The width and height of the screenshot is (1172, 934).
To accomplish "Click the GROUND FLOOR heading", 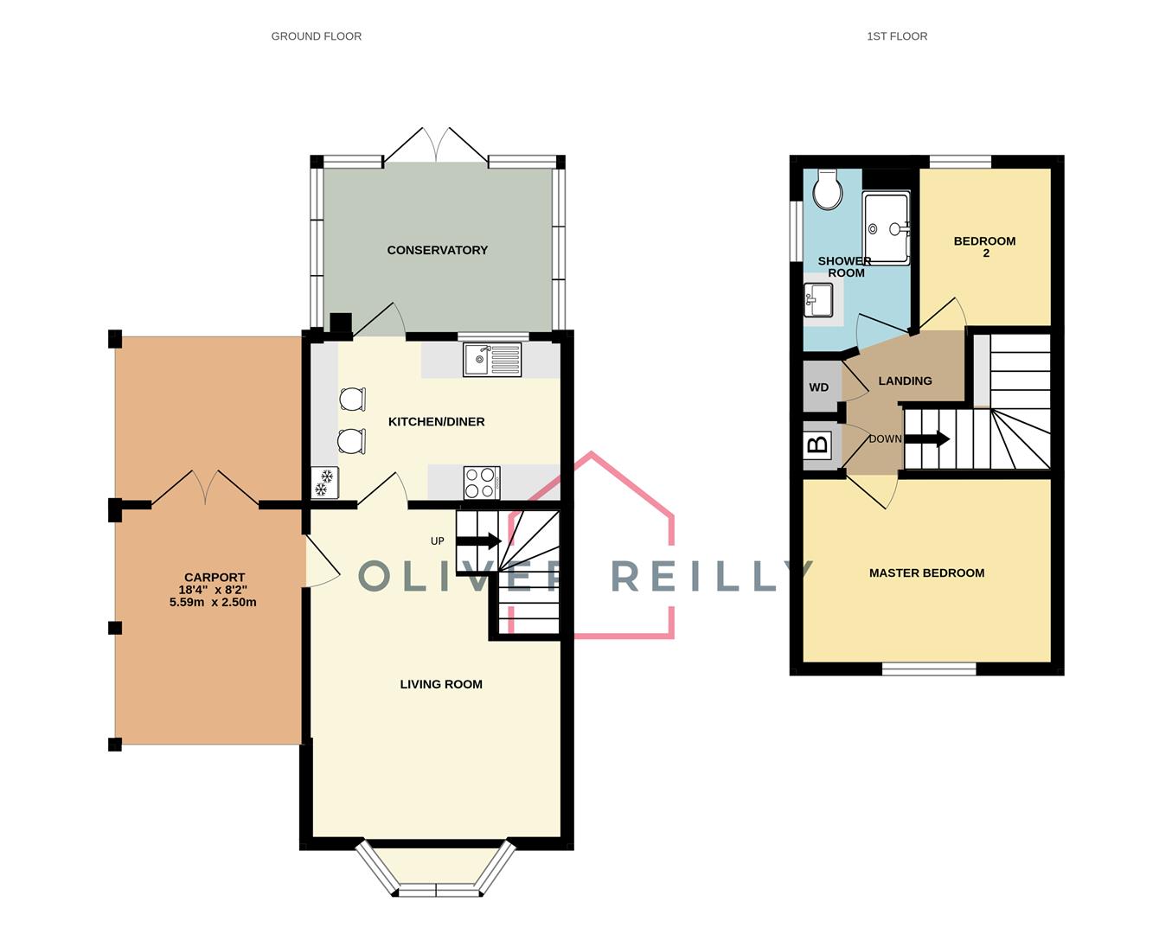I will tap(316, 36).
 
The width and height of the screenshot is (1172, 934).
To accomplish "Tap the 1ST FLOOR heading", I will tap(897, 36).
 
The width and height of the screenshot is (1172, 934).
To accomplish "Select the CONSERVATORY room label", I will tap(437, 250).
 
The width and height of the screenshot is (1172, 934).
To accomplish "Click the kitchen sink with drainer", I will tap(492, 360).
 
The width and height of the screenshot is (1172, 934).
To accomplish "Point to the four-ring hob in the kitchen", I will tap(482, 483).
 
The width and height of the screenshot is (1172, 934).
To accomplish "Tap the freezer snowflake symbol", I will tap(325, 483).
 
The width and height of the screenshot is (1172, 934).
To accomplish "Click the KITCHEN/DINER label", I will tap(436, 421).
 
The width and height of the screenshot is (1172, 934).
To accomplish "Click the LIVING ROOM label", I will tap(440, 684).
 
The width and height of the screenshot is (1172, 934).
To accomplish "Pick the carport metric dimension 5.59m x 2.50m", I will tap(213, 602).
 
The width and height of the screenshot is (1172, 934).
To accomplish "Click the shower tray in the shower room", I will tap(887, 228).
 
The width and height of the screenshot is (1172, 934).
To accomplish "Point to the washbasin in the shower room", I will tap(817, 301).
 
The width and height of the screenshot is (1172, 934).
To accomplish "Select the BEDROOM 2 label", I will tap(984, 246).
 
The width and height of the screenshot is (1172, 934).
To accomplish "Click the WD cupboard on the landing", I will tap(819, 387).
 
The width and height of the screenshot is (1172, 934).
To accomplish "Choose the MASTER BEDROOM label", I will tap(926, 573).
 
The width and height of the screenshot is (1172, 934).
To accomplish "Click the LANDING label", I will tap(905, 381).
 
